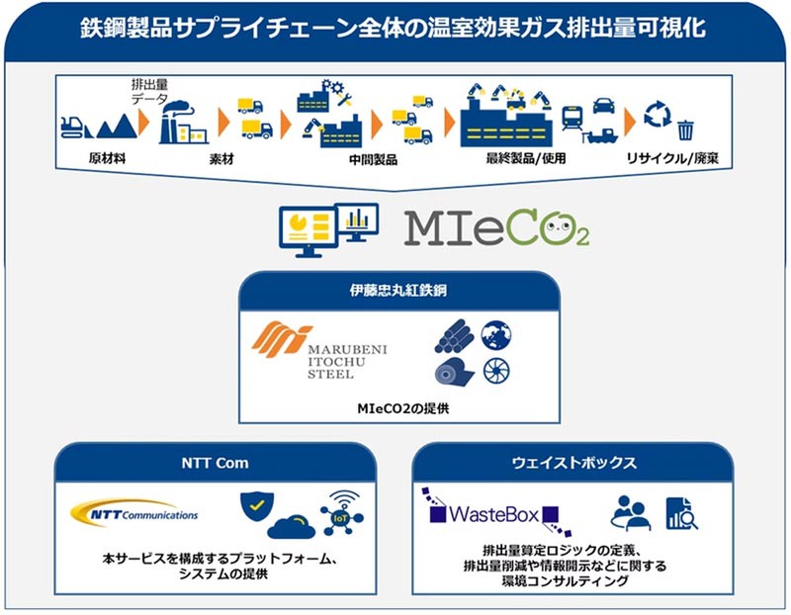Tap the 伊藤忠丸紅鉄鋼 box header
[x=396, y=292]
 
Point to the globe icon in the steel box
[x=496, y=336]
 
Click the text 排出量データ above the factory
[x=150, y=92]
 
